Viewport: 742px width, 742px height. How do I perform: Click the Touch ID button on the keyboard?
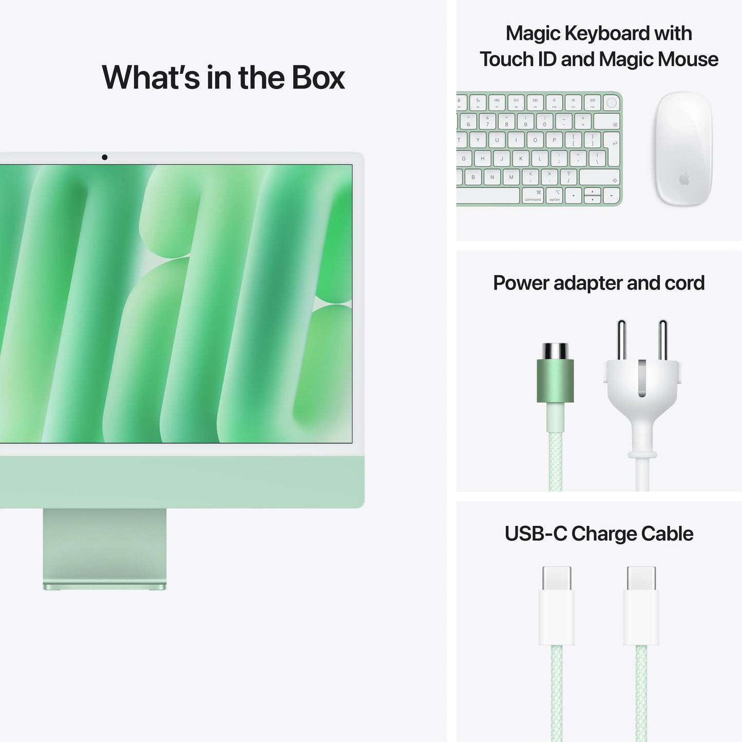[x=611, y=103]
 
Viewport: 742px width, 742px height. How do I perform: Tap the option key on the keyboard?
[x=555, y=196]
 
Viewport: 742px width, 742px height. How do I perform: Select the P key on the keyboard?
[x=554, y=140]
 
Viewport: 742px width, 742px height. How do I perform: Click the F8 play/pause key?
[x=516, y=102]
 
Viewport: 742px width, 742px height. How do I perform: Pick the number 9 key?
[x=525, y=121]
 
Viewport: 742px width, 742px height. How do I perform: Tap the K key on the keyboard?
[x=521, y=159]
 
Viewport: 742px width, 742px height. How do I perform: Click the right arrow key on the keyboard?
[x=611, y=196]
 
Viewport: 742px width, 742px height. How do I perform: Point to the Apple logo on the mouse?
[x=683, y=179]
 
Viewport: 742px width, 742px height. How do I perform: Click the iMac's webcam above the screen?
[x=105, y=157]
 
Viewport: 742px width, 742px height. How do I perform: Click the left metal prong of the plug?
[x=622, y=339]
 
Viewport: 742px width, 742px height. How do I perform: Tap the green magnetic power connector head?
[x=555, y=380]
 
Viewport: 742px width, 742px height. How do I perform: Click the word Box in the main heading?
[x=318, y=78]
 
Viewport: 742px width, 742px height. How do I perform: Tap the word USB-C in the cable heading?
[x=536, y=534]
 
